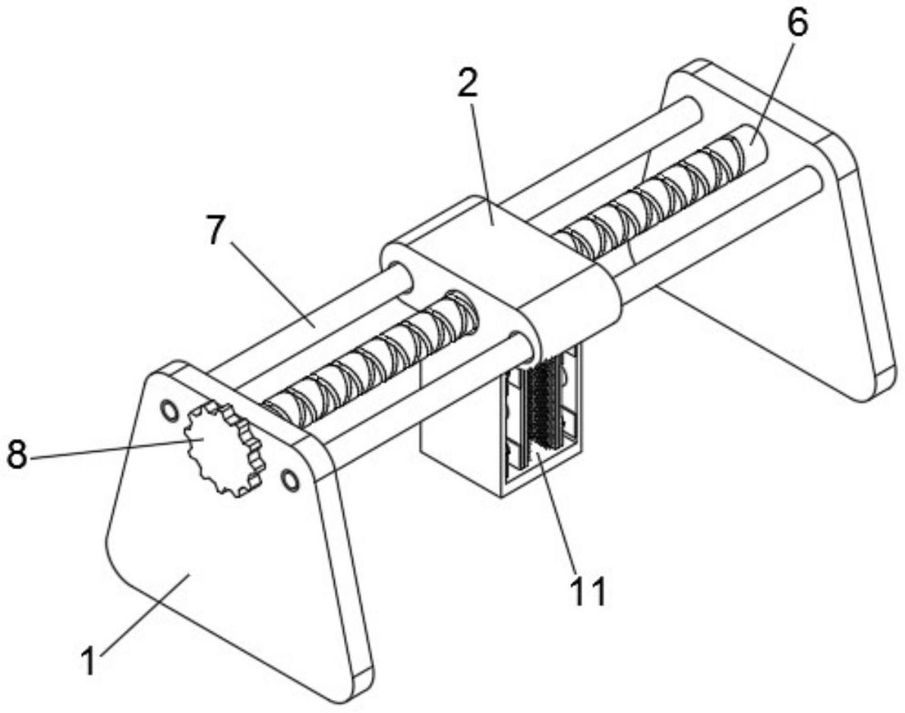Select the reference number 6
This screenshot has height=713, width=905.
[797, 24]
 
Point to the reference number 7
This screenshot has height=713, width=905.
[215, 231]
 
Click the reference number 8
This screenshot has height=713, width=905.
[17, 454]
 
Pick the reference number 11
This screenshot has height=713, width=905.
[588, 591]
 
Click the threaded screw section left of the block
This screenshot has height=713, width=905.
[370, 361]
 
